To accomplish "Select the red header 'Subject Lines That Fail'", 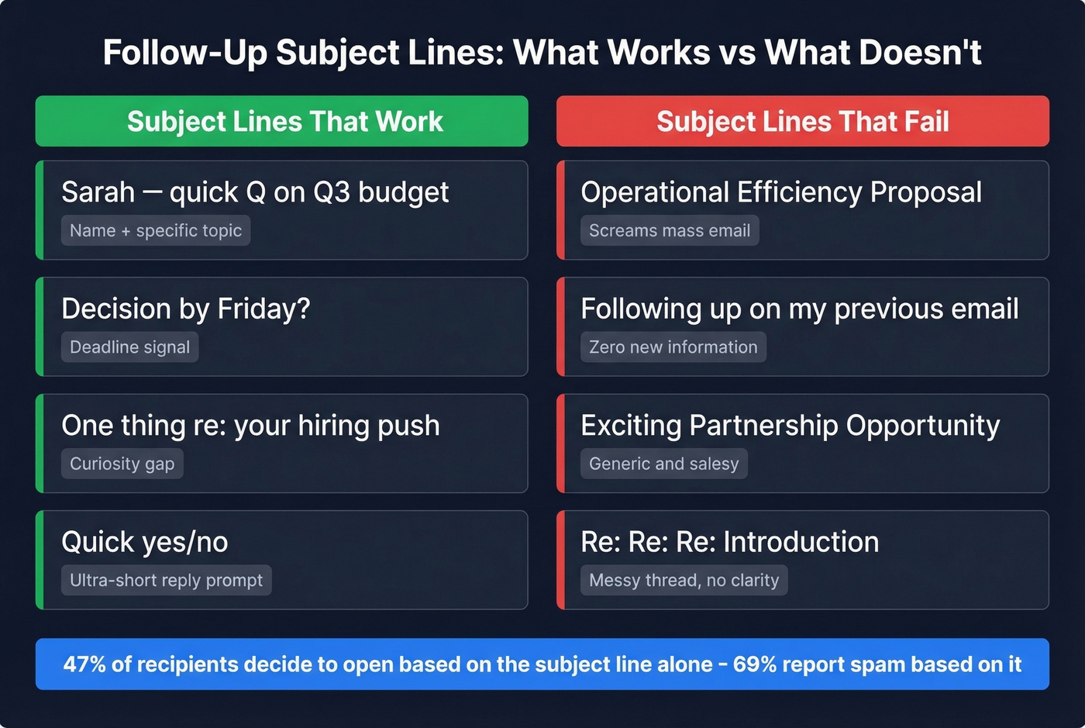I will tap(802, 122).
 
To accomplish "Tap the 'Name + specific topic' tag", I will tap(156, 230).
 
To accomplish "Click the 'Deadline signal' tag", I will tap(129, 347).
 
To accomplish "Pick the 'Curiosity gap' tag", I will tap(122, 464).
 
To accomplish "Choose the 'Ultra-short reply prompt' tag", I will tap(166, 580).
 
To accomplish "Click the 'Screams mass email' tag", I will tap(669, 230).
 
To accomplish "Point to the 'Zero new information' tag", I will tap(673, 347).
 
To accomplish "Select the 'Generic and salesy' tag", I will tap(663, 464).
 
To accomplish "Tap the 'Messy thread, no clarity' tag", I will tap(684, 580).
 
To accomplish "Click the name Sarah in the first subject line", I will tap(98, 192).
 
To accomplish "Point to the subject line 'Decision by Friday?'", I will tap(186, 309).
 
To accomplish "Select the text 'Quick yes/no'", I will tap(145, 542).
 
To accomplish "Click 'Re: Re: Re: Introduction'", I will tap(729, 542).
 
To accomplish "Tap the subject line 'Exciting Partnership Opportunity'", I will tap(790, 426).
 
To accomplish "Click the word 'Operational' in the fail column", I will tap(654, 192).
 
